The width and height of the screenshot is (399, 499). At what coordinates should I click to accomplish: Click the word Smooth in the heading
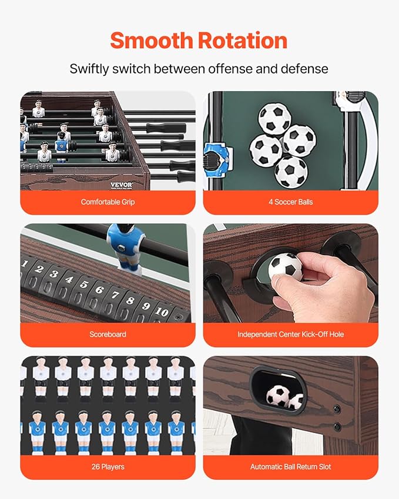tap(152, 41)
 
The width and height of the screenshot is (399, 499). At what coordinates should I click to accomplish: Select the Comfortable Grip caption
tap(108, 202)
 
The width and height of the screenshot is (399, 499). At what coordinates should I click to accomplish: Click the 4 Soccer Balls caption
tap(290, 202)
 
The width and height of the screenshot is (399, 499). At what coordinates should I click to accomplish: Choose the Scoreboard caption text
tap(108, 334)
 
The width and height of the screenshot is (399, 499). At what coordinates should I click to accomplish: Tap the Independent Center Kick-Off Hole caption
tap(290, 334)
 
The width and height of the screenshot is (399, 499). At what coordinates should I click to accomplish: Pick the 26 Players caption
tap(108, 467)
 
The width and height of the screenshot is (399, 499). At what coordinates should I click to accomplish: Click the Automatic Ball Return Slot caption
tap(290, 467)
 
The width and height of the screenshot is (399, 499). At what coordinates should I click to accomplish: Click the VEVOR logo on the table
tap(121, 185)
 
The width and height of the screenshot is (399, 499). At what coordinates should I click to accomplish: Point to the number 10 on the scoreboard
tap(162, 311)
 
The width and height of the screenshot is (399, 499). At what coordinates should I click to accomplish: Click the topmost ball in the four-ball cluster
tap(274, 118)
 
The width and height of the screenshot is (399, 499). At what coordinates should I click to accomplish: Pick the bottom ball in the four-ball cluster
tap(291, 172)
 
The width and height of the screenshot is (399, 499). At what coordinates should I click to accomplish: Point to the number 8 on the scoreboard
tap(130, 300)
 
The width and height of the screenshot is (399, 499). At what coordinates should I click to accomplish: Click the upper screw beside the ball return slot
tap(337, 409)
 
